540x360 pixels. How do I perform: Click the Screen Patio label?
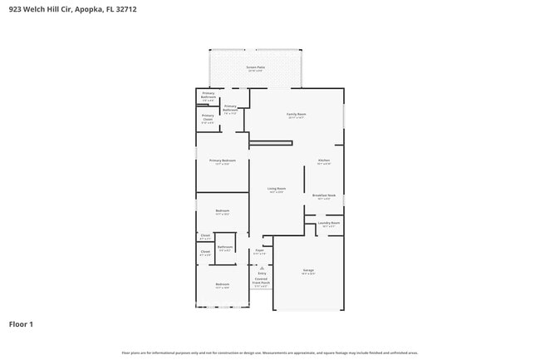[255, 68]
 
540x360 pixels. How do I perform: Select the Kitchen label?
[324, 161]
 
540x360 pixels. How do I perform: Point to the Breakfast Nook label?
[324, 196]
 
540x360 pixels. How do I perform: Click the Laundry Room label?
[329, 223]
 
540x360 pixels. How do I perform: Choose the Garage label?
[308, 271]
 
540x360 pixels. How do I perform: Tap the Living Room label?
[277, 190]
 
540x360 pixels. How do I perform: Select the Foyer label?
[259, 250]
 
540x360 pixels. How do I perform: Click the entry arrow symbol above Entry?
[262, 268]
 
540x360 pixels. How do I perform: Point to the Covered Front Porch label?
[261, 281]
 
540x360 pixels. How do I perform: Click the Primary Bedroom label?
[223, 160]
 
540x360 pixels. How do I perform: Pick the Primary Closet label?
[208, 117]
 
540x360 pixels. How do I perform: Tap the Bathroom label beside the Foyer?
[225, 247]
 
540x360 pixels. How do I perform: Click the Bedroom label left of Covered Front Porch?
[223, 285]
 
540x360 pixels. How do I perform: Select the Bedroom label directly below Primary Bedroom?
[223, 211]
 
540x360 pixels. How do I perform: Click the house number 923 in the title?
[16, 9]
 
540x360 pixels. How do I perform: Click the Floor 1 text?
[22, 323]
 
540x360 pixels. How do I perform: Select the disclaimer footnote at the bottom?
[269, 353]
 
